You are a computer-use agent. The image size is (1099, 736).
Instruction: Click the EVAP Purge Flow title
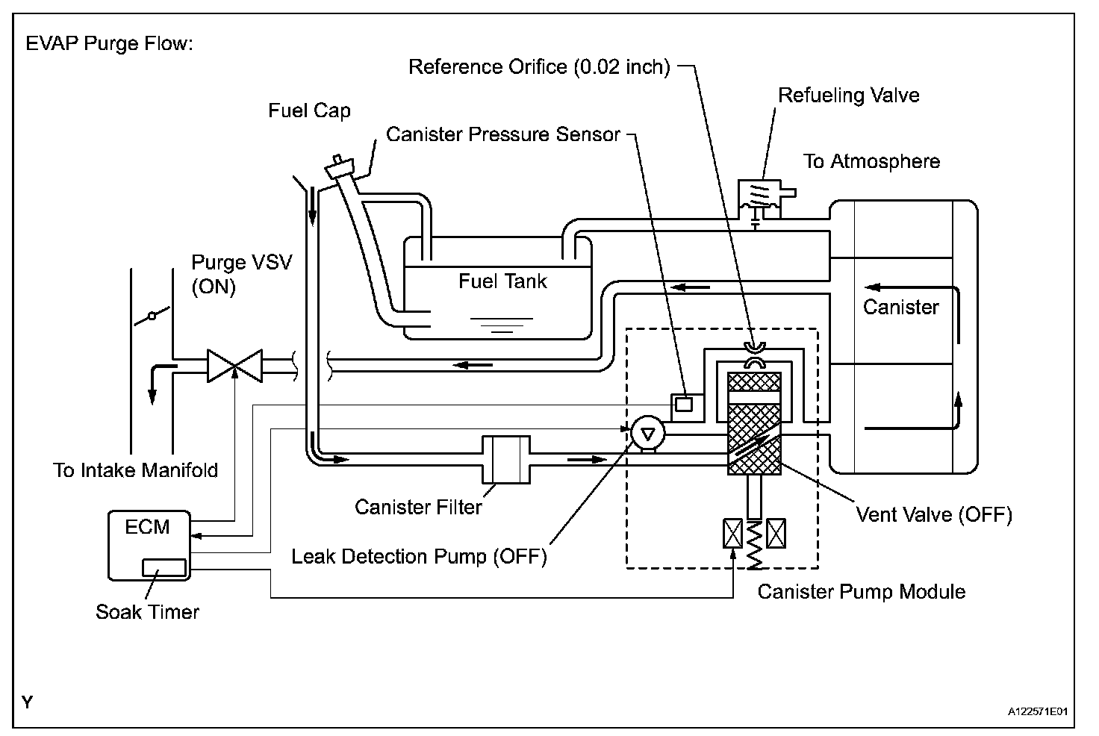pyautogui.click(x=110, y=44)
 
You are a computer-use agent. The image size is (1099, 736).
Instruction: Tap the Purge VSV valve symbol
pyautogui.click(x=235, y=366)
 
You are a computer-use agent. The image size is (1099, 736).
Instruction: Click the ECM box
pyautogui.click(x=149, y=546)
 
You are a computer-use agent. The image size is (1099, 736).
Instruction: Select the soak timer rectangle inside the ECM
pyautogui.click(x=164, y=568)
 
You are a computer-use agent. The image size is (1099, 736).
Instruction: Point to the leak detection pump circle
pyautogui.click(x=648, y=434)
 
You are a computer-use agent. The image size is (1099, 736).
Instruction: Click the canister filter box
pyautogui.click(x=506, y=460)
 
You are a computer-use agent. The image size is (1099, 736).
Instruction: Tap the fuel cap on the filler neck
pyautogui.click(x=340, y=167)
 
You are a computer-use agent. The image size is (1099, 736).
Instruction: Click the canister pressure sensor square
pyautogui.click(x=684, y=405)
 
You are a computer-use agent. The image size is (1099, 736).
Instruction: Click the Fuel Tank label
pyautogui.click(x=502, y=281)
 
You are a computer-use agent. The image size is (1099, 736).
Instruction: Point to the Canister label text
pyautogui.click(x=901, y=307)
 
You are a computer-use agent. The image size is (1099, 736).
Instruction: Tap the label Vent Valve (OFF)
pyautogui.click(x=934, y=515)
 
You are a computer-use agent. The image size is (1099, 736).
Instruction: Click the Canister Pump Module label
pyautogui.click(x=862, y=592)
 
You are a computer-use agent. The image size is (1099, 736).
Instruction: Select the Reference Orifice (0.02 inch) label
pyautogui.click(x=539, y=66)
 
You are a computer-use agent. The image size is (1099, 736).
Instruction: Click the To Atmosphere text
pyautogui.click(x=871, y=161)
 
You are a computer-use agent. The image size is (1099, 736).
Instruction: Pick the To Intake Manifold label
pyautogui.click(x=135, y=470)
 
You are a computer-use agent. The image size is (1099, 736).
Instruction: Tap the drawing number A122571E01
pyautogui.click(x=1038, y=711)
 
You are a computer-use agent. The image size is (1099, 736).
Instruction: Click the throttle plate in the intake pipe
pyautogui.click(x=152, y=316)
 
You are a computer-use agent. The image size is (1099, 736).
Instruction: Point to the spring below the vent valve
pyautogui.click(x=754, y=545)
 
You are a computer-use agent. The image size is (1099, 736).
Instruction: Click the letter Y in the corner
pyautogui.click(x=28, y=702)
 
